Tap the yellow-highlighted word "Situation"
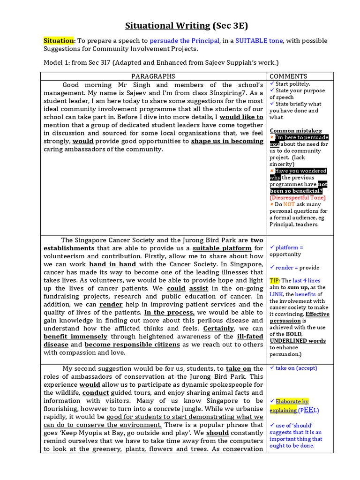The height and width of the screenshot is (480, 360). [59, 41]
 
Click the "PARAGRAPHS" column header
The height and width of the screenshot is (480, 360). [153, 76]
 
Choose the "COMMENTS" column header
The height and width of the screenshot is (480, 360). [288, 76]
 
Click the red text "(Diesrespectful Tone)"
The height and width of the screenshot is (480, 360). [297, 197]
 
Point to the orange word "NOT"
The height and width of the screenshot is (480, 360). [290, 204]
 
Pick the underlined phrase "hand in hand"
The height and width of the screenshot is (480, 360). [113, 264]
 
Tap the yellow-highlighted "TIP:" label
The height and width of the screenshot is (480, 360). [274, 280]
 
